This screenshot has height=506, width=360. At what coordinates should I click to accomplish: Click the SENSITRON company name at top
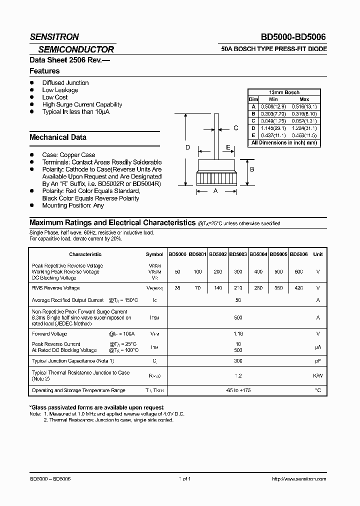[54, 36]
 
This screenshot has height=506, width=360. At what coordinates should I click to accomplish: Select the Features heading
[44, 71]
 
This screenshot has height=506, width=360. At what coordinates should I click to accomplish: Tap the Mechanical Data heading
[58, 137]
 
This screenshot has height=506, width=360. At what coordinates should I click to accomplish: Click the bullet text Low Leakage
[60, 90]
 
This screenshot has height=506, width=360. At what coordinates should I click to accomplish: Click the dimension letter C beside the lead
[235, 128]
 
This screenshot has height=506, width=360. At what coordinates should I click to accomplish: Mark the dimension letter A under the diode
[215, 191]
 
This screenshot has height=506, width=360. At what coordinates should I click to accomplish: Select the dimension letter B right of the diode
[252, 169]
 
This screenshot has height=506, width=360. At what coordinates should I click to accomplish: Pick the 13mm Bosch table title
[283, 92]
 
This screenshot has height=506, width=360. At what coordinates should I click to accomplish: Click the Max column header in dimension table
[303, 99]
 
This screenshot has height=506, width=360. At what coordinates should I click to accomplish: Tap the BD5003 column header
[238, 254]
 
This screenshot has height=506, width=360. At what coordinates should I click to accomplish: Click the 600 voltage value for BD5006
[298, 271]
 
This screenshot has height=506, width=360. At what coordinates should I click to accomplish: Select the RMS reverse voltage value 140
[217, 288]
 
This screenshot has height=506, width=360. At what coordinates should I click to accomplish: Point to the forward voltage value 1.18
[238, 333]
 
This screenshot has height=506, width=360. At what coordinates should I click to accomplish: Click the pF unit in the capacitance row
[317, 360]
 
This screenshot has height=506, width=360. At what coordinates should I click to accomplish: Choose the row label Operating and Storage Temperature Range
[78, 390]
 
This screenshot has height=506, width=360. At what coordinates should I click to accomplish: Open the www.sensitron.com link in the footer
[298, 478]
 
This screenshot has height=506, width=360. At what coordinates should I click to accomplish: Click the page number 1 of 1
[184, 478]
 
